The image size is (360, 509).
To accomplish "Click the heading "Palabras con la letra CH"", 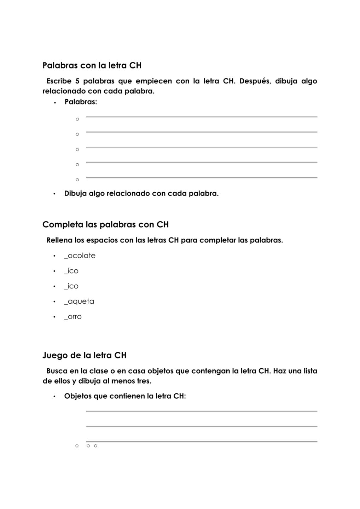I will click(92, 65).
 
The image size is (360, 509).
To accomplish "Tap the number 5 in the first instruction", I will click(77, 81).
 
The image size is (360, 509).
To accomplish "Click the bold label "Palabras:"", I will click(81, 102).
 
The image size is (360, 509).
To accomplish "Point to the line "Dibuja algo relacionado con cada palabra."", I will click(141, 193).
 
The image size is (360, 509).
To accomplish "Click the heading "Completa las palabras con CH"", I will click(105, 224).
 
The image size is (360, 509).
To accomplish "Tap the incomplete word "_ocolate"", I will click(80, 256).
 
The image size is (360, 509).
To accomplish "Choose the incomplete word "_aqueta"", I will click(79, 302).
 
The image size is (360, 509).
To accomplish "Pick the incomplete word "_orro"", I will click(73, 317).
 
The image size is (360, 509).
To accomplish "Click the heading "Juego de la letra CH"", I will click(84, 355).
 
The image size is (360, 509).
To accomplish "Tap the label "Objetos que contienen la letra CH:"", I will click(125, 396).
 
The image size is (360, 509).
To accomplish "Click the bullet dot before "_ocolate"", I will click(54, 256).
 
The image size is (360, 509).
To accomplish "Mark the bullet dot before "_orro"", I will click(54, 317).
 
